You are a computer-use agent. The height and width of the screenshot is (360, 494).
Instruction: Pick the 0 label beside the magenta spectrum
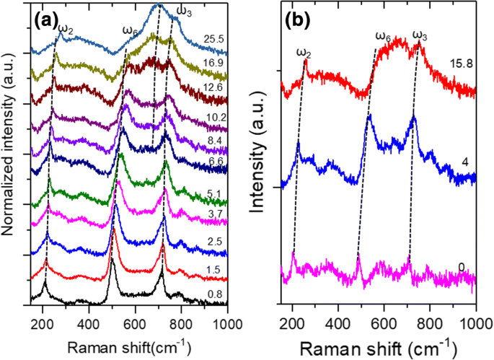(x=462, y=267)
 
